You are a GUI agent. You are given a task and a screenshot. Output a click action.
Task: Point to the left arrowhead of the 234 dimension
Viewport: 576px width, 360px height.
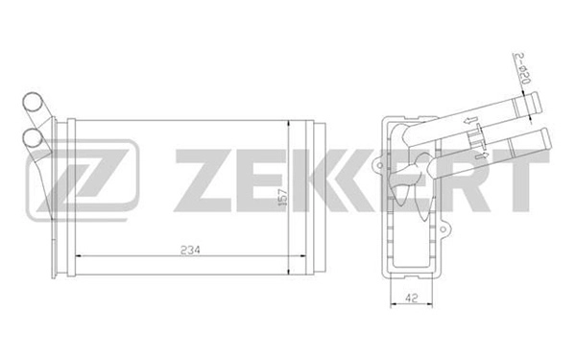[x=79, y=256]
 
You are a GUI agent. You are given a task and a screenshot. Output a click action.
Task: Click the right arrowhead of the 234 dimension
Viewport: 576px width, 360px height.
[x=300, y=256]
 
